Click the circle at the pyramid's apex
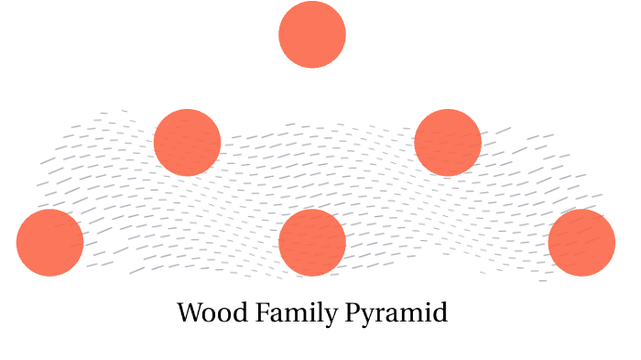point(312,35)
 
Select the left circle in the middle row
point(188,142)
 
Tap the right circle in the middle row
point(448,142)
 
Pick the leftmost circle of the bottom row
point(50,243)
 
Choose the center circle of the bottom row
point(312,243)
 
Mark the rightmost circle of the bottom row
point(581,243)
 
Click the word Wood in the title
point(207,313)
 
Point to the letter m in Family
point(290,314)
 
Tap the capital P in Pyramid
point(354,312)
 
